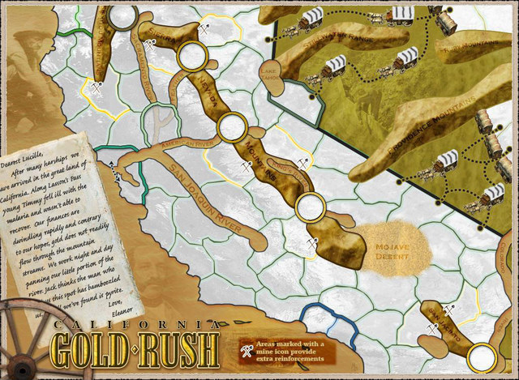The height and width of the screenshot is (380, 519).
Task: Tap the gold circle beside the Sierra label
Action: coord(192,55)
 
